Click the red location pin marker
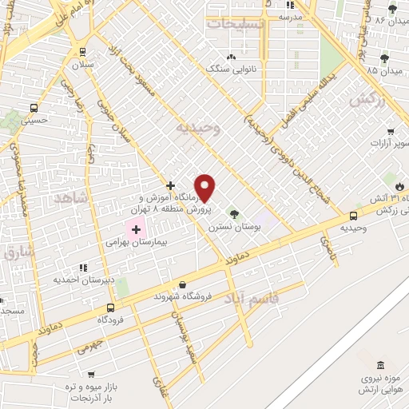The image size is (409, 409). [205, 188]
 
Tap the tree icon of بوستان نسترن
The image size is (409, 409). [234, 213]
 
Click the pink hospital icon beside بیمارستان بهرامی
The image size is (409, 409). [136, 229]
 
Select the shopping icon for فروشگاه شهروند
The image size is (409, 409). [182, 284]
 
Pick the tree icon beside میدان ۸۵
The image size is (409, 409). [384, 58]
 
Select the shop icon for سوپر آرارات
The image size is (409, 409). [391, 131]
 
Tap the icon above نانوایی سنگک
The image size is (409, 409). [232, 57]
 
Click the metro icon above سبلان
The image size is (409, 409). [83, 51]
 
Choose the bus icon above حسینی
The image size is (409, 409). [34, 107]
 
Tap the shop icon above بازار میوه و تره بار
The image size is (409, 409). [91, 373]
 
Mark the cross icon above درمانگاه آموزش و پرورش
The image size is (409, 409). [169, 185]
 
